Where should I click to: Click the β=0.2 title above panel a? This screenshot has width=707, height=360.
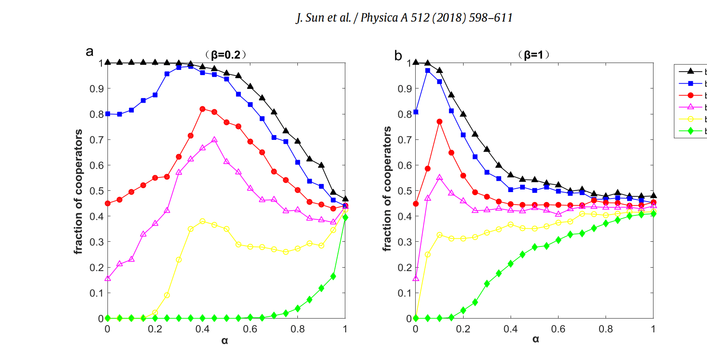(225, 55)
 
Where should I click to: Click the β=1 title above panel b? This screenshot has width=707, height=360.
(533, 55)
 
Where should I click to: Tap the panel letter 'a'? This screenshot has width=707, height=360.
(89, 51)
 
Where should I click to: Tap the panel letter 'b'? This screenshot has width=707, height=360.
(398, 56)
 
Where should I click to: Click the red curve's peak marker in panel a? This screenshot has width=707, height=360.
(202, 109)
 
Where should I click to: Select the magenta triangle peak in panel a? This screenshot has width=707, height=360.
(215, 140)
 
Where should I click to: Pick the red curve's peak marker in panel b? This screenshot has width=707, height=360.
(439, 122)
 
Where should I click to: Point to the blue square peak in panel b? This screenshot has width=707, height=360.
(428, 70)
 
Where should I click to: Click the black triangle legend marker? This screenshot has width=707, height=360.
(690, 71)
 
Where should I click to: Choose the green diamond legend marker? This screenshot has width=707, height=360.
(690, 131)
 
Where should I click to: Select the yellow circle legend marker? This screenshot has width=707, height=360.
(690, 119)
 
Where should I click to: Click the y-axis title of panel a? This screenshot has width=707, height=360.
(78, 191)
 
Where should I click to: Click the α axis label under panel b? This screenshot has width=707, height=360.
(536, 339)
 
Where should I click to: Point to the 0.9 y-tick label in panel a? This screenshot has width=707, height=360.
(97, 89)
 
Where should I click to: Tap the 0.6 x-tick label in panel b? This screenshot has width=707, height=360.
(558, 329)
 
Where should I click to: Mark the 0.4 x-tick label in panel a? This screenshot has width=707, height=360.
(202, 329)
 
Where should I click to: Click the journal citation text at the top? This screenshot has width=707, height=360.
(404, 18)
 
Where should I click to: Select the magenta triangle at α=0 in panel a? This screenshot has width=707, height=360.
(107, 278)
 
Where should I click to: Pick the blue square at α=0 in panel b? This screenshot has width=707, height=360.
(416, 112)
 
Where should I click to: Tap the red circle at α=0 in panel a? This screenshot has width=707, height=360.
(107, 204)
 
